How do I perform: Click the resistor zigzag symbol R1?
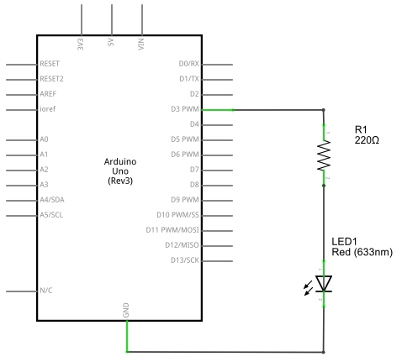[324, 155]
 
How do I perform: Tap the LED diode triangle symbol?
[324, 284]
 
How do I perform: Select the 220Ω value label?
[367, 140]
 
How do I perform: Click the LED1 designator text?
[344, 242]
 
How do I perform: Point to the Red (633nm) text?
[362, 252]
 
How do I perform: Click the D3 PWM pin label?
[185, 109]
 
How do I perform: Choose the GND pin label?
[126, 310]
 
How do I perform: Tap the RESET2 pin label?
[51, 79]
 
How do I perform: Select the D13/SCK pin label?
[185, 260]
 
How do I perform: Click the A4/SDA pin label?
[52, 200]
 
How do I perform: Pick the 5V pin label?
[111, 42]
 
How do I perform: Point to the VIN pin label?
[141, 45]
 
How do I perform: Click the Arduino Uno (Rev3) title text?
[120, 171]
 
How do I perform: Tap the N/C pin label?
[46, 291]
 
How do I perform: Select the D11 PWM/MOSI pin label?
[172, 230]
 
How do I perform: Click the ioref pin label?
[47, 109]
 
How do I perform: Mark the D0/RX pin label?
[188, 64]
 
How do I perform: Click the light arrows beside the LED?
[309, 288]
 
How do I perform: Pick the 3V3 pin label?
[81, 45]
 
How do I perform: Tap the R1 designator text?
[361, 129]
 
